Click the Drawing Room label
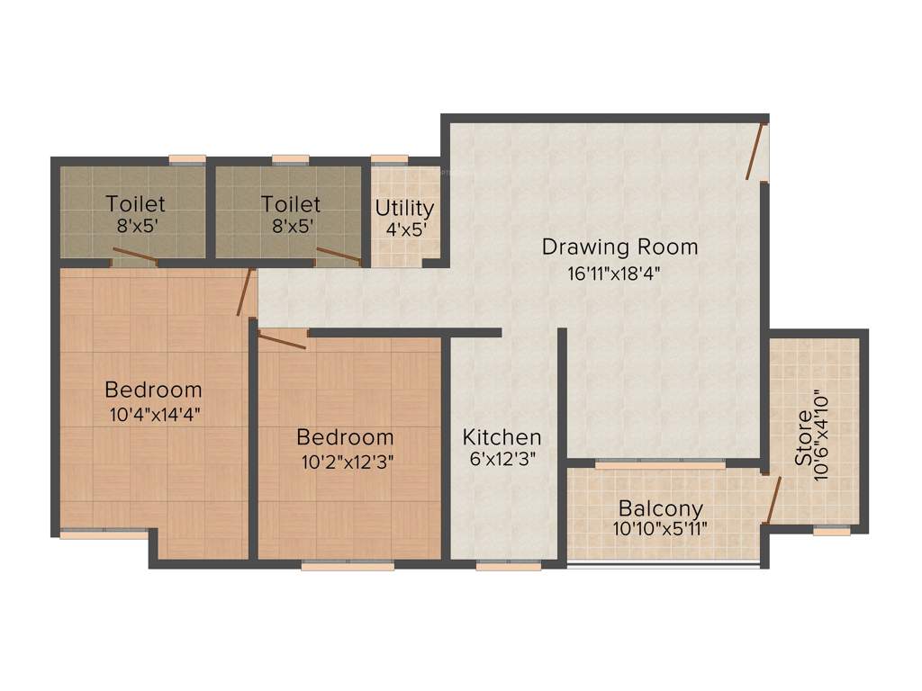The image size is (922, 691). [619, 247]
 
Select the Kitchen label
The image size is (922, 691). [502, 437]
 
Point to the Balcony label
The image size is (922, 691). [660, 508]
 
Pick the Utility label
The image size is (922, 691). [404, 208]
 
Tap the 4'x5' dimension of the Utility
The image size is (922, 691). [406, 229]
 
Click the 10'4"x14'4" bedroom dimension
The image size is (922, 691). [153, 415]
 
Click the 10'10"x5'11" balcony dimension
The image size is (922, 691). [660, 529]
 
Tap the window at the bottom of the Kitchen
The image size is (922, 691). [509, 565]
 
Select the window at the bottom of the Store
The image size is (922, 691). [832, 531]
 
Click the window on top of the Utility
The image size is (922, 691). [389, 160]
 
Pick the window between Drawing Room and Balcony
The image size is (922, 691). [660, 463]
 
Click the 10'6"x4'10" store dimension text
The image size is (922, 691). [820, 436]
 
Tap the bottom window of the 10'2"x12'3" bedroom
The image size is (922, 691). [348, 565]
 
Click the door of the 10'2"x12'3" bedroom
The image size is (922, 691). [282, 339]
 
